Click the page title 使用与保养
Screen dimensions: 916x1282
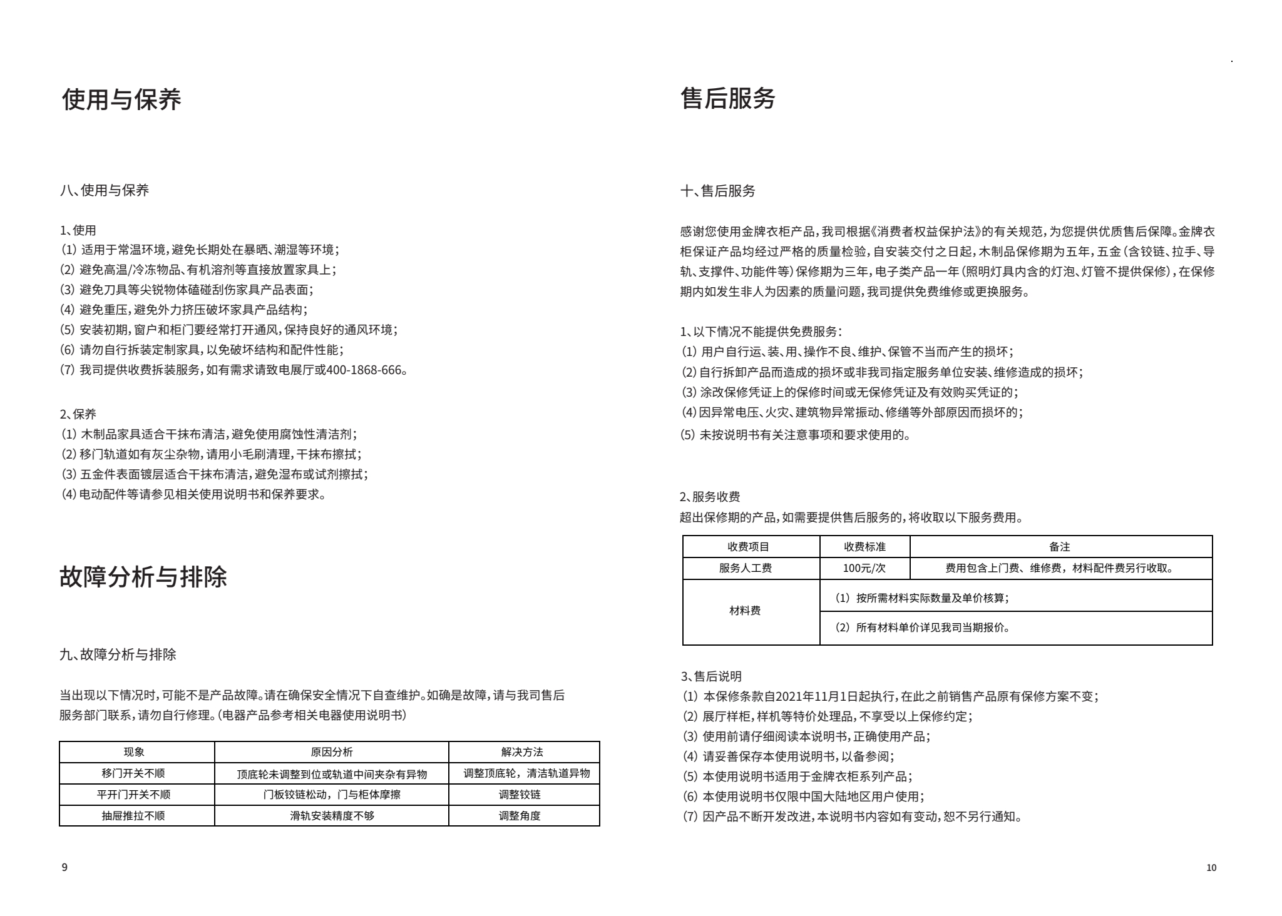121,99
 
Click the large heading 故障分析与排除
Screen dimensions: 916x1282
143,576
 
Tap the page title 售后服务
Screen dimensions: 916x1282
727,99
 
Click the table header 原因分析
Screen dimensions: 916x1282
331,752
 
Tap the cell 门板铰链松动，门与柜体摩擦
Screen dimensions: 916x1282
331,795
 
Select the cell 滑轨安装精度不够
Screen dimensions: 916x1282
332,816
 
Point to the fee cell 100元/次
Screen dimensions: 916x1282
864,568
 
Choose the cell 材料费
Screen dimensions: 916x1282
745,611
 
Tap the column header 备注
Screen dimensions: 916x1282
1059,547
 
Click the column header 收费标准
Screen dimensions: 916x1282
864,547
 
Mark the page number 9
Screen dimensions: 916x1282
64,867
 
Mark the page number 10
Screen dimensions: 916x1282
1211,867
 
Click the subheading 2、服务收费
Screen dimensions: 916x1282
710,497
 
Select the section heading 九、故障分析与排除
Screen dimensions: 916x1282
118,654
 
